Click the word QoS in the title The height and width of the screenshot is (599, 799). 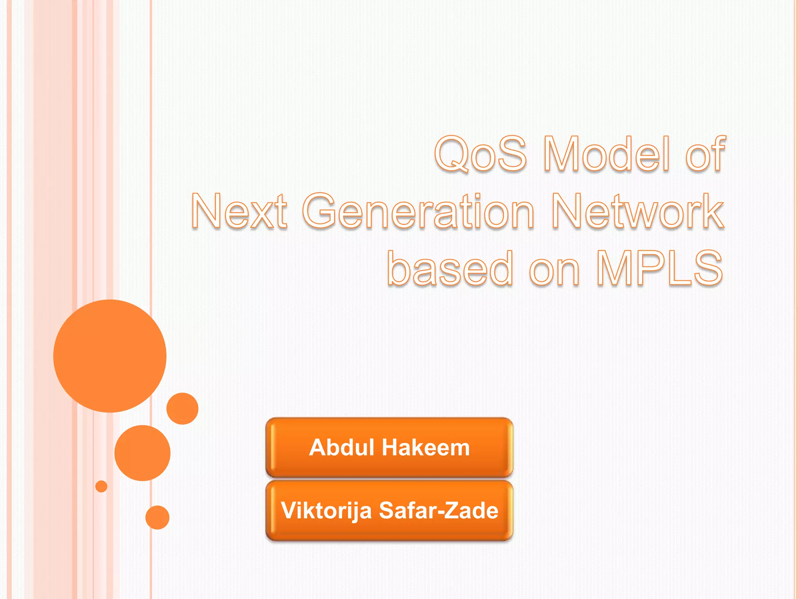pyautogui.click(x=481, y=154)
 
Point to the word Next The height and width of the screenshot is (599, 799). pyautogui.click(x=239, y=211)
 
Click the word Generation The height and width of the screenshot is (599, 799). pyautogui.click(x=418, y=211)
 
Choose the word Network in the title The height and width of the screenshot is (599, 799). pyautogui.click(x=638, y=211)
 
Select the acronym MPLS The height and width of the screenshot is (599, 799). pyautogui.click(x=660, y=268)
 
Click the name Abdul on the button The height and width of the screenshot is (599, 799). pyautogui.click(x=342, y=447)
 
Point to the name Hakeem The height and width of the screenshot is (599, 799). pyautogui.click(x=426, y=447)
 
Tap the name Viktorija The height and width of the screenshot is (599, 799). pyautogui.click(x=326, y=511)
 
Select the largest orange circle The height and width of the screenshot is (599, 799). pyautogui.click(x=110, y=356)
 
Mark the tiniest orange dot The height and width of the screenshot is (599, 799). pyautogui.click(x=101, y=486)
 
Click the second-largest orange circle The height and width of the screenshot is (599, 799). pyautogui.click(x=142, y=453)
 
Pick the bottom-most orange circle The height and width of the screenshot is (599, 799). pyautogui.click(x=157, y=517)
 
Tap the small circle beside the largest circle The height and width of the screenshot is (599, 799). pyautogui.click(x=182, y=408)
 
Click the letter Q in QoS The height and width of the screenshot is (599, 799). pyautogui.click(x=452, y=154)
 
